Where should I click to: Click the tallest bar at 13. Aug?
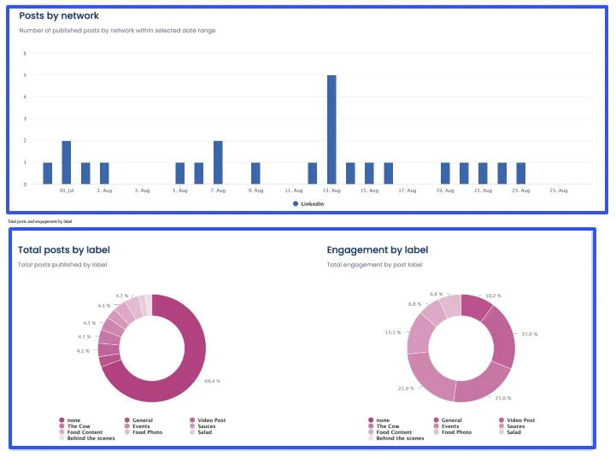click(x=331, y=129)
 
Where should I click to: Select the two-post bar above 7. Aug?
click(x=218, y=162)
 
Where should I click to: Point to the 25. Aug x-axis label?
click(x=559, y=190)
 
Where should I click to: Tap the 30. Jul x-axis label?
click(x=66, y=190)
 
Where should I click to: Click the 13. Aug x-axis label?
click(x=331, y=190)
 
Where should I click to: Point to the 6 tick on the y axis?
click(x=25, y=53)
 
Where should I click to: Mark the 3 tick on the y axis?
click(x=25, y=119)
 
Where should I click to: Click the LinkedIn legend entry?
click(x=312, y=204)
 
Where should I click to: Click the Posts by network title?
click(x=59, y=15)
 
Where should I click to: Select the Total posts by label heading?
click(x=64, y=250)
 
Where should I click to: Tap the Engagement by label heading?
click(x=377, y=250)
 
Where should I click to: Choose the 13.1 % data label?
click(x=393, y=332)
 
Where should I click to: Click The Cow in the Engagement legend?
click(x=388, y=426)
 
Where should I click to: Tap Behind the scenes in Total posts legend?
click(x=91, y=438)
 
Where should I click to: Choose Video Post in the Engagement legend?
click(x=520, y=420)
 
